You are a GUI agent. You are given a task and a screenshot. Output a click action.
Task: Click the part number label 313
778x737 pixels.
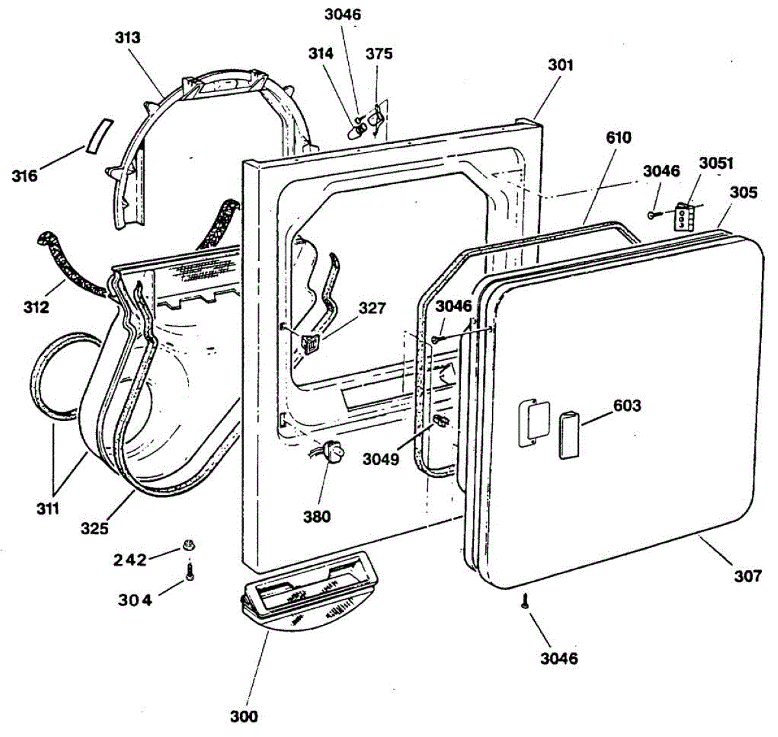pos(127,38)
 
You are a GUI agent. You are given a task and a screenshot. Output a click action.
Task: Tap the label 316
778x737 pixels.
pos(25,175)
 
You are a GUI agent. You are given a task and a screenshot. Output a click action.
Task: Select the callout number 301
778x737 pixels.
pos(561,65)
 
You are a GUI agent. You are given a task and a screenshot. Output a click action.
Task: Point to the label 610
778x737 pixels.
pos(619,137)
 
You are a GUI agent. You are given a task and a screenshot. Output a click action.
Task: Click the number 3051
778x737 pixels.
pos(715,163)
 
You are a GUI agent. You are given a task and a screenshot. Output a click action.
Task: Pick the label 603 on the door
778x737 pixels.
pos(626,405)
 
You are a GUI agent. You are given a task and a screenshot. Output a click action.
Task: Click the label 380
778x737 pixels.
pos(317,516)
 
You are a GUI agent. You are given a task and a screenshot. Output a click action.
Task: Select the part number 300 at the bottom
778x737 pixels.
pos(244,716)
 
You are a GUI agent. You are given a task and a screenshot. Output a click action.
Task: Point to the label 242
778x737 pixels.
pos(130,560)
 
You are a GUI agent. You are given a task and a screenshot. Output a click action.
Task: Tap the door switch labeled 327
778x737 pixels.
pos(311,343)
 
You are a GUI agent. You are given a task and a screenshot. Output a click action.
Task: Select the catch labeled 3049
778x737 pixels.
pos(441,422)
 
